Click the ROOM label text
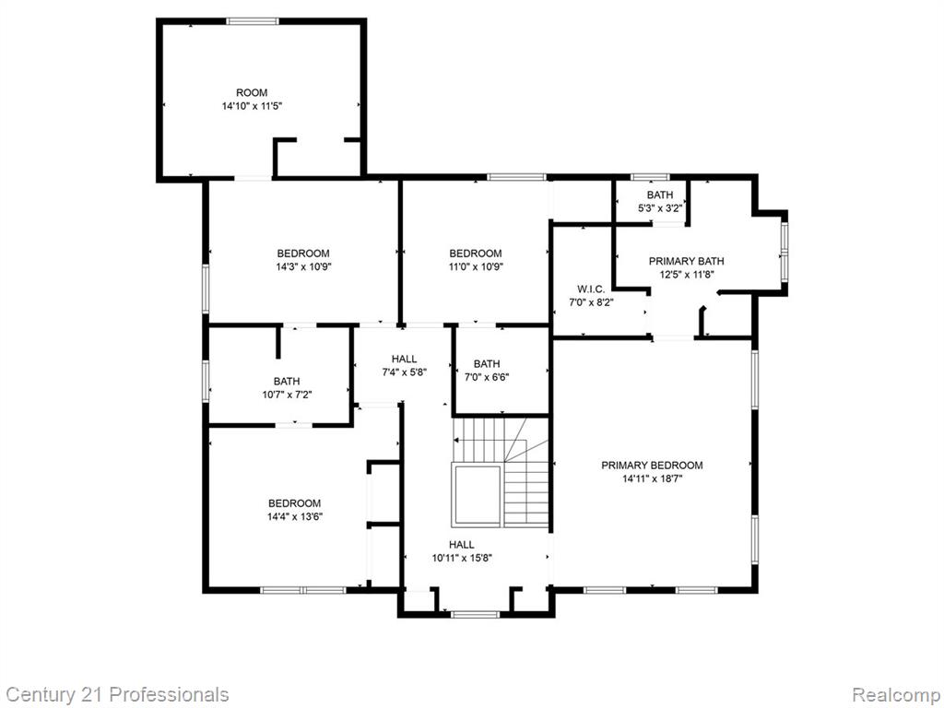tap(252, 93)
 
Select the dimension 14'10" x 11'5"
tap(252, 106)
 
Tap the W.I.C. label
tap(591, 289)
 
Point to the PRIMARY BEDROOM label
tap(652, 466)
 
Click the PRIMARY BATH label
tap(686, 261)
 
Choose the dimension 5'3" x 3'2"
tap(660, 208)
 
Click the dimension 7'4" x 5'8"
tap(405, 372)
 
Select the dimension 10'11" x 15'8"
tap(462, 558)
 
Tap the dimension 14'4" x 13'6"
tap(294, 516)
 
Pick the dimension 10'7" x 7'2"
tap(287, 395)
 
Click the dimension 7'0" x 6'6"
tap(487, 377)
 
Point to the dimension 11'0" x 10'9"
tap(476, 266)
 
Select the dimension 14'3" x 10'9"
tap(303, 266)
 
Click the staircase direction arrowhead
tap(457, 441)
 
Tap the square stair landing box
tap(477, 495)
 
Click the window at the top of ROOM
tap(253, 21)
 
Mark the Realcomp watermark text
tap(897, 694)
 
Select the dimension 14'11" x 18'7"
tap(652, 479)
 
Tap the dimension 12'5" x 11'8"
tap(686, 275)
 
